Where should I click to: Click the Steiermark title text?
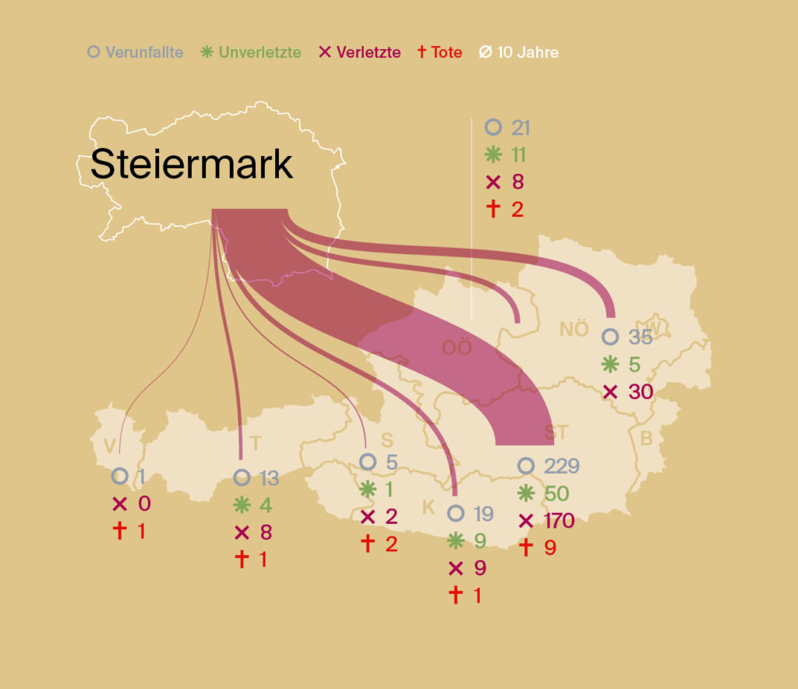pyautogui.click(x=191, y=164)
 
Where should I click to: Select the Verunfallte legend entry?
pyautogui.click(x=136, y=53)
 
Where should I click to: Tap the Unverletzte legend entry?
pyautogui.click(x=251, y=53)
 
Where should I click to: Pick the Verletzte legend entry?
pyautogui.click(x=359, y=53)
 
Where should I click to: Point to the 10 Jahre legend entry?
pyautogui.click(x=518, y=53)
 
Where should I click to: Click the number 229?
pyautogui.click(x=562, y=466)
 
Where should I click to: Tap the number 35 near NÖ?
pyautogui.click(x=640, y=337)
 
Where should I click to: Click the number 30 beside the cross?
pyautogui.click(x=640, y=391)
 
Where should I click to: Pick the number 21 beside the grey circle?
pyautogui.click(x=520, y=128)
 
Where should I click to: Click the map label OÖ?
pyautogui.click(x=457, y=348)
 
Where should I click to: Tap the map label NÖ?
pyautogui.click(x=574, y=329)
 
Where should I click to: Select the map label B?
pyautogui.click(x=646, y=438)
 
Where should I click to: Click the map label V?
pyautogui.click(x=110, y=446)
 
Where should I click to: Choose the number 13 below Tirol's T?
pyautogui.click(x=269, y=479)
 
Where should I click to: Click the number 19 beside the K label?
pyautogui.click(x=482, y=514)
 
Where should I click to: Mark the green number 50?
pyautogui.click(x=556, y=493)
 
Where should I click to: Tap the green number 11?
pyautogui.click(x=518, y=155)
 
